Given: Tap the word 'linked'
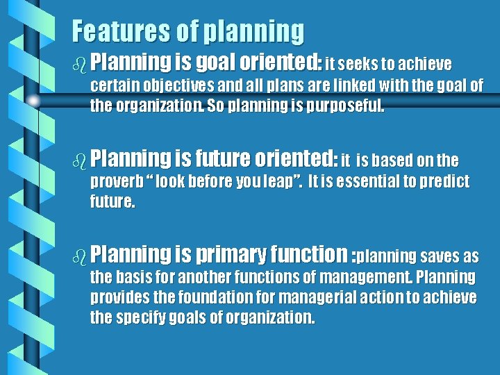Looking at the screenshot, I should pos(347,87).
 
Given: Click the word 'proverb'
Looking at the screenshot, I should pos(117,183).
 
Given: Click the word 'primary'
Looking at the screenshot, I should pos(229,256).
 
